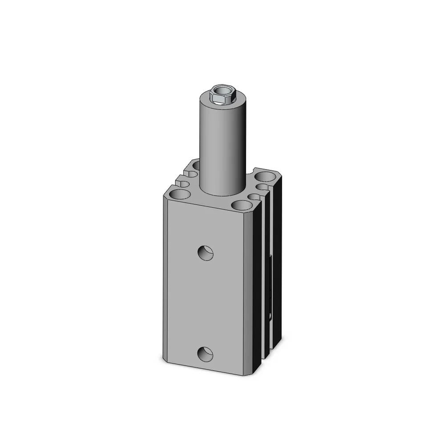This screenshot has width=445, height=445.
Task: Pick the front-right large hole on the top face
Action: click(x=241, y=206)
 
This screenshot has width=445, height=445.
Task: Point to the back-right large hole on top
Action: click(x=266, y=177)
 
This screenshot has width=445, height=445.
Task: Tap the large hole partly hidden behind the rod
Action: click(x=196, y=166)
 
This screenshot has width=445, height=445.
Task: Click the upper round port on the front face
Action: click(x=206, y=253)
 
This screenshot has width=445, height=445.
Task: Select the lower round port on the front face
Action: click(x=206, y=354)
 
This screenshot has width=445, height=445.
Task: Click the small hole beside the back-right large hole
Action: click(x=263, y=186)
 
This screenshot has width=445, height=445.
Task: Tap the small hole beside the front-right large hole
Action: click(x=254, y=196)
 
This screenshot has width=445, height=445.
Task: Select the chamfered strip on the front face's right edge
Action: click(x=249, y=294)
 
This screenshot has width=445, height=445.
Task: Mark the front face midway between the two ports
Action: click(x=206, y=303)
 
